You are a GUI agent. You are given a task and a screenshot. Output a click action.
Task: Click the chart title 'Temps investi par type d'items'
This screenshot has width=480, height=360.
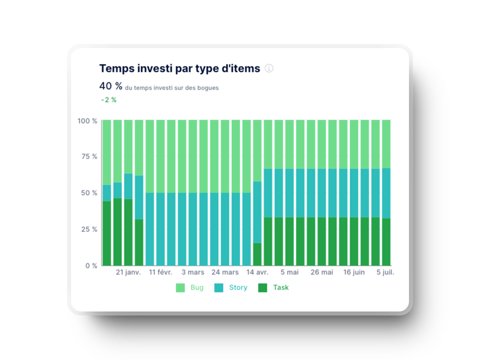point(179,68)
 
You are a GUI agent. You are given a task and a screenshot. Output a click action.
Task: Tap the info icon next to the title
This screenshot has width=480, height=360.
point(269,68)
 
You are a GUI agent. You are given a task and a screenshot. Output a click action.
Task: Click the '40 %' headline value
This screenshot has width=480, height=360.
point(111,86)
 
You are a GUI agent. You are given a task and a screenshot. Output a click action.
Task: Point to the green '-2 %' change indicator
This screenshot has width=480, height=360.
point(109,100)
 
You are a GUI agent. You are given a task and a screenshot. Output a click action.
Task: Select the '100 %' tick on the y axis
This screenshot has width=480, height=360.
point(87,121)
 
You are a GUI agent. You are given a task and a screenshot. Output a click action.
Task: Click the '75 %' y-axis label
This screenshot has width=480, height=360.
point(89,157)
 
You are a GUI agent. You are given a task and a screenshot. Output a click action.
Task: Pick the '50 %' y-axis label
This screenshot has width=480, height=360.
point(89,193)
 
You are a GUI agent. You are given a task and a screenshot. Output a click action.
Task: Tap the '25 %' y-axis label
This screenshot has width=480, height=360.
point(89,229)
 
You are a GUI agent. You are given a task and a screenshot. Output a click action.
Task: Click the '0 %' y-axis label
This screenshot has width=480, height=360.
point(91,265)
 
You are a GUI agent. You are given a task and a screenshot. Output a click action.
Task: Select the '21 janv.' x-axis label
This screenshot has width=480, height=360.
point(128,272)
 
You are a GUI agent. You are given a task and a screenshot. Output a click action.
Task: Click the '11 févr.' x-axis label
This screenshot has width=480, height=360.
point(161,272)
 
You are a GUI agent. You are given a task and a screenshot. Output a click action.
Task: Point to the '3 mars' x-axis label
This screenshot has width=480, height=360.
point(193,272)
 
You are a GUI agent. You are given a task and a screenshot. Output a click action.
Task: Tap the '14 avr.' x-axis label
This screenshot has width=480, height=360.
point(257,272)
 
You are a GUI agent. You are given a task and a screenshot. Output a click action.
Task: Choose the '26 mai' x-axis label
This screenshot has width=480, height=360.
point(322,272)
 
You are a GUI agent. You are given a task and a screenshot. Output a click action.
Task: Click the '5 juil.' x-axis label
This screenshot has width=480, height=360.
point(385,272)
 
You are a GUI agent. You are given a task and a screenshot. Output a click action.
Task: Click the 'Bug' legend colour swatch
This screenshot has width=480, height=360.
point(180,288)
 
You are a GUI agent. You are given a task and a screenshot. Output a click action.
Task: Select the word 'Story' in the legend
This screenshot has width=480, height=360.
point(238,288)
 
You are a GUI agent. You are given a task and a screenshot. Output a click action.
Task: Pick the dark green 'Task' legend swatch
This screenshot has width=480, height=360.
point(262,288)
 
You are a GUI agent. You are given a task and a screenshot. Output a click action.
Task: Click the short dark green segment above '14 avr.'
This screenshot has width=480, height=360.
point(257,254)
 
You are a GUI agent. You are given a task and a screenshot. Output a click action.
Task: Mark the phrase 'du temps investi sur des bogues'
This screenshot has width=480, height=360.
point(172,88)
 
